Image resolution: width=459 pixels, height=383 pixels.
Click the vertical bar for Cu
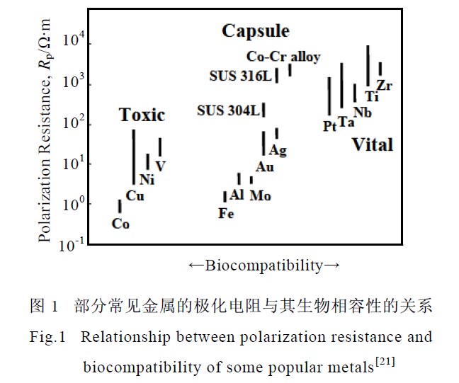(133, 157)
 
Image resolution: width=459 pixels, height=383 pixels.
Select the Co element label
(120, 224)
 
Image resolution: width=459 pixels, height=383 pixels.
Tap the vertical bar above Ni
(147, 162)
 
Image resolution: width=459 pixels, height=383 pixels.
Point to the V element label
(161, 166)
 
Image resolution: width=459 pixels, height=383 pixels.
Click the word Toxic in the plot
(142, 115)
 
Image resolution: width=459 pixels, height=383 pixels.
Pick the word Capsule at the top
(255, 31)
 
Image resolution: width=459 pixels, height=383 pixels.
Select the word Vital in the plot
(372, 145)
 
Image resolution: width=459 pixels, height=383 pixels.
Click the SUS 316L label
(240, 75)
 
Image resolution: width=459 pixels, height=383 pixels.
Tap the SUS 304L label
(228, 110)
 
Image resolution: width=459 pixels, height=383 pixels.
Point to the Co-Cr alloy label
(283, 57)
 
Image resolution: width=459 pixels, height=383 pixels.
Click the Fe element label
(226, 213)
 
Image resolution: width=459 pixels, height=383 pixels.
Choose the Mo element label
(260, 195)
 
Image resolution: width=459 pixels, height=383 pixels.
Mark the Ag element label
(278, 150)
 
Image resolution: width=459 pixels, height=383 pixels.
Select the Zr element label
(385, 86)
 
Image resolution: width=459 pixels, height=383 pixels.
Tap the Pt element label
(329, 126)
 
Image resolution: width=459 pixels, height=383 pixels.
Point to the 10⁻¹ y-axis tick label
(73, 244)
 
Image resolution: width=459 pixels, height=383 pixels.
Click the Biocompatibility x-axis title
(264, 265)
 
